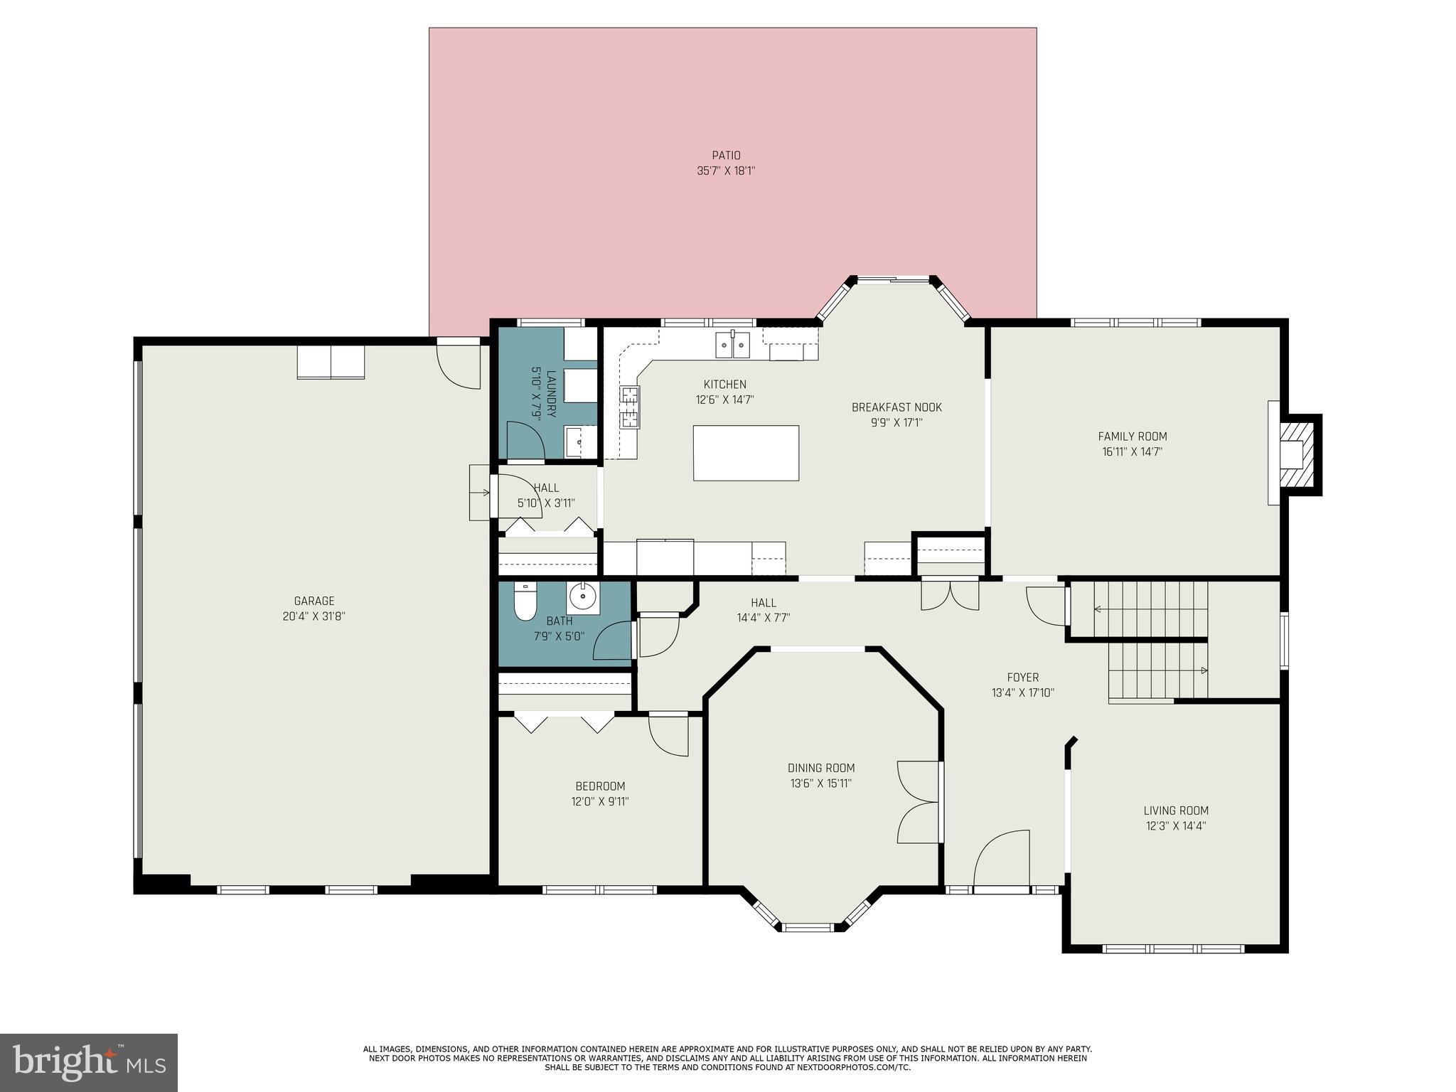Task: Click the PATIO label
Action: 726,155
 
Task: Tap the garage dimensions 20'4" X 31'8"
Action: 314,616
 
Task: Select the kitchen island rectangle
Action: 746,453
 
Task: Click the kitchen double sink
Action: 732,345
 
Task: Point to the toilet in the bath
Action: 525,602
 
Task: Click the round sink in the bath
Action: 583,597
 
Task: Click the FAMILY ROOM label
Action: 1132,437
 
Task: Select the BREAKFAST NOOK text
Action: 896,407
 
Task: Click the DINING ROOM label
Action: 820,768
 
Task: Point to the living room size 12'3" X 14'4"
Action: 1176,826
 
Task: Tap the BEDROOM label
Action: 600,786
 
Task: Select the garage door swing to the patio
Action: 459,365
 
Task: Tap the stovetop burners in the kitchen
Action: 629,407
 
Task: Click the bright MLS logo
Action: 88,1062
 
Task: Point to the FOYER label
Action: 1022,678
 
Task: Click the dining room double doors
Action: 919,803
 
